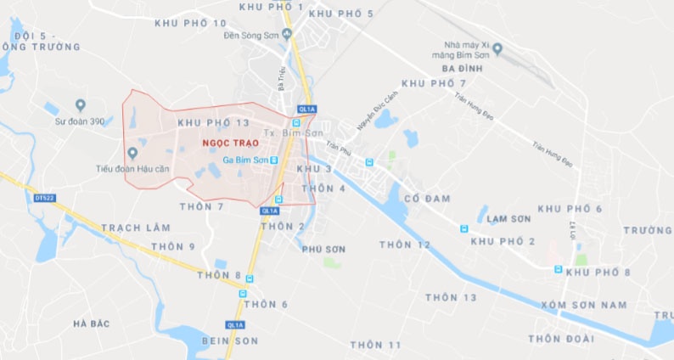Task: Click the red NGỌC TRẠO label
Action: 225,143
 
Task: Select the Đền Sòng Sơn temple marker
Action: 286,34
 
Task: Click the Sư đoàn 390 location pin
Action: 81,105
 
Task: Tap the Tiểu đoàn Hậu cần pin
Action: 132,153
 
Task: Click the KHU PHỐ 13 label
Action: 214,124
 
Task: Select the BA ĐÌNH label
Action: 462,67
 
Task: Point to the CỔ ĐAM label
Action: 427,199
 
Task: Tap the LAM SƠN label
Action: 509,219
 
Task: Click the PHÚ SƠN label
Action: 323,250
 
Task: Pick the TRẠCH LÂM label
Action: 136,228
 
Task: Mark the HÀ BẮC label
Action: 93,323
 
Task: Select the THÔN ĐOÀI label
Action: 561,339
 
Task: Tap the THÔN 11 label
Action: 375,345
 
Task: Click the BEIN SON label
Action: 229,340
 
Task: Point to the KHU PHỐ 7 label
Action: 434,83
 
